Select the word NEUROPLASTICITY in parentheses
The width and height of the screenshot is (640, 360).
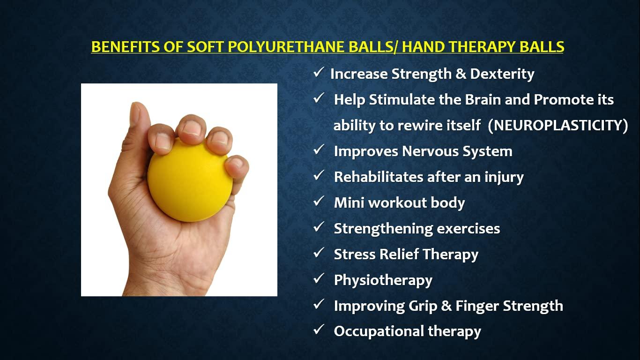click(558, 125)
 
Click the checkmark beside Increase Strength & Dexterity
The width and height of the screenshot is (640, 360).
click(319, 72)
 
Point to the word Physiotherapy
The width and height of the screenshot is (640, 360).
click(383, 280)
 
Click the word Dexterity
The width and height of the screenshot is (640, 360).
click(502, 74)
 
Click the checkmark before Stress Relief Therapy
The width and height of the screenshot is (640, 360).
click(319, 253)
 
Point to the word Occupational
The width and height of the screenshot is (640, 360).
click(372, 331)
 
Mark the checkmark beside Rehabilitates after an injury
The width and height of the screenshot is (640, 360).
click(319, 175)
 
